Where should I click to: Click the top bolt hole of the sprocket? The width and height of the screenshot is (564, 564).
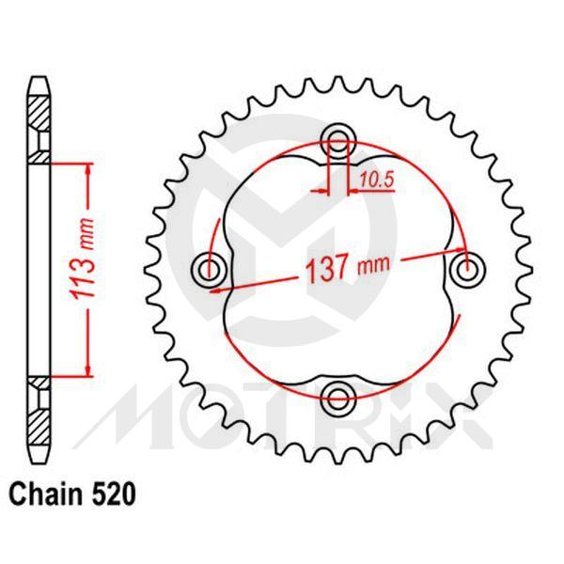coord(338,142)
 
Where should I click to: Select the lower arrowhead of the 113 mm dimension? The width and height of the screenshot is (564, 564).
coord(87,369)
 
